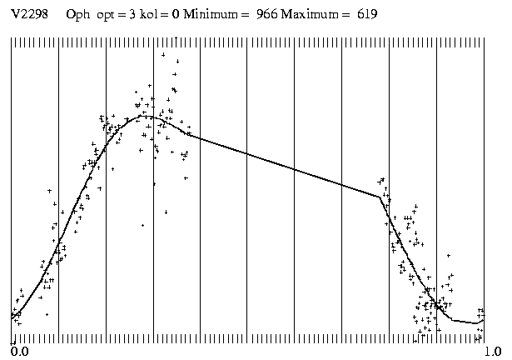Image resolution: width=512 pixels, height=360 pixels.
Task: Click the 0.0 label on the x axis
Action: pos(18,352)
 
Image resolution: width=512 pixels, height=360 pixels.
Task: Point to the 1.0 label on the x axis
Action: pos(493,352)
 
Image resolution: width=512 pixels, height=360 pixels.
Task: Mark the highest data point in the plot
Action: pos(163,55)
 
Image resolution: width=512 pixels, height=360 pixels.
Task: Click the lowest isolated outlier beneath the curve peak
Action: pos(142,225)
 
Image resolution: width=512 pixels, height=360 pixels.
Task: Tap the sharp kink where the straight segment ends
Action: pos(380,197)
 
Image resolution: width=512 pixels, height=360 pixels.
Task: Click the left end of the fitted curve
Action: pos(12,318)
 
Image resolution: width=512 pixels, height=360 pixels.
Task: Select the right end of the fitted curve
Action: pos(484,321)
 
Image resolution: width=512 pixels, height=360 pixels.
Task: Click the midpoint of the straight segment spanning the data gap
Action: pos(283,165)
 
